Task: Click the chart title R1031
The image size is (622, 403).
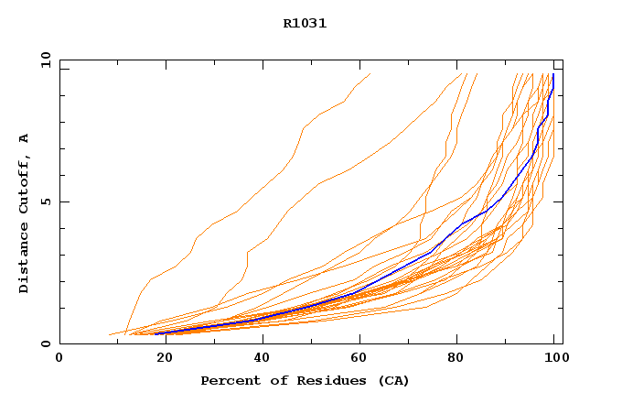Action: point(305,24)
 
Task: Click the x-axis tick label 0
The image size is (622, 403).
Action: point(59,358)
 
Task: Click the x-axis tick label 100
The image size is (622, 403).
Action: point(552,358)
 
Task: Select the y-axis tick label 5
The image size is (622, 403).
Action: point(46,201)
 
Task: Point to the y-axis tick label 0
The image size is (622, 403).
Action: point(46,343)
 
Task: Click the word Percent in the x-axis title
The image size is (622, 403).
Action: point(230,381)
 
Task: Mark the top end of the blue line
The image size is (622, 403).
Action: point(553,74)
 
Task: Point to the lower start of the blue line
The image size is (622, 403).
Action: point(155,333)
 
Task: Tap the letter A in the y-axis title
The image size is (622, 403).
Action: point(24,138)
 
